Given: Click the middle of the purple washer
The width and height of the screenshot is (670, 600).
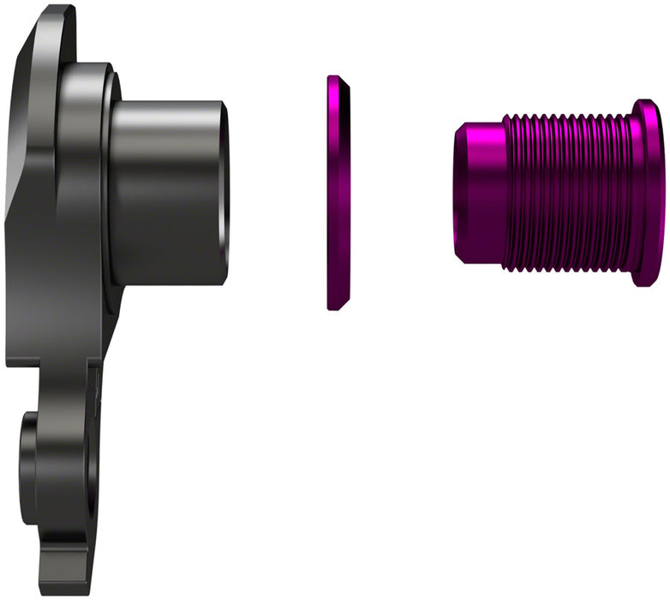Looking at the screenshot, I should click(339, 193).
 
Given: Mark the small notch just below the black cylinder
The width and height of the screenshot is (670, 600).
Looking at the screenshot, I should click(101, 377).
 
